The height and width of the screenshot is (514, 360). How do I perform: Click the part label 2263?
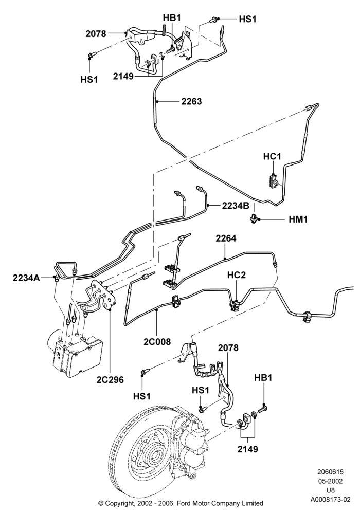(x=191, y=101)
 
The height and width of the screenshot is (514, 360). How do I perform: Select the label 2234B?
(x=236, y=206)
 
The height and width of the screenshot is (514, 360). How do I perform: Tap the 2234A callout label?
(x=26, y=278)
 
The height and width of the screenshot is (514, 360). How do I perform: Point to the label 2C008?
(x=157, y=342)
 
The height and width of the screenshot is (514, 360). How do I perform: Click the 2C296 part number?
(x=110, y=380)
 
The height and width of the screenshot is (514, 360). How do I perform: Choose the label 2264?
(x=226, y=238)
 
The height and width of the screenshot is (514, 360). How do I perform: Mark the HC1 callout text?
(x=272, y=157)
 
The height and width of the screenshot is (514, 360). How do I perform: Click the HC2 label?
(x=237, y=275)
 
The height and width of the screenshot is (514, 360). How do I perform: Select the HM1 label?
(x=298, y=219)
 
